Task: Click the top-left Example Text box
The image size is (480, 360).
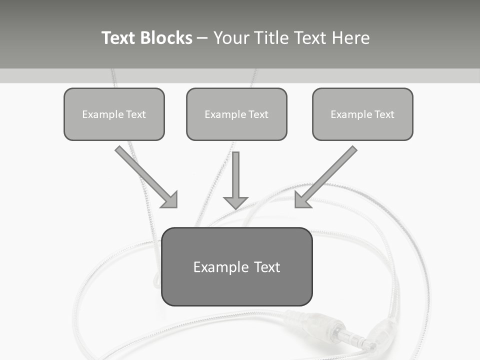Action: pyautogui.click(x=114, y=114)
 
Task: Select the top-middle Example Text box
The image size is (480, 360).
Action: pyautogui.click(x=236, y=114)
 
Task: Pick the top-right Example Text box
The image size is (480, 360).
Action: pyautogui.click(x=362, y=114)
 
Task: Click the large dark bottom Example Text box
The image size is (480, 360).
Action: pyautogui.click(x=236, y=267)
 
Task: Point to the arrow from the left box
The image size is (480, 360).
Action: pyautogui.click(x=145, y=175)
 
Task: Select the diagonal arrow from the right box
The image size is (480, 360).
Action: pyautogui.click(x=327, y=175)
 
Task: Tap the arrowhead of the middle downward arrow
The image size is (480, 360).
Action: pyautogui.click(x=235, y=202)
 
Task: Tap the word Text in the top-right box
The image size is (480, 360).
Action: pyautogui.click(x=384, y=114)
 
